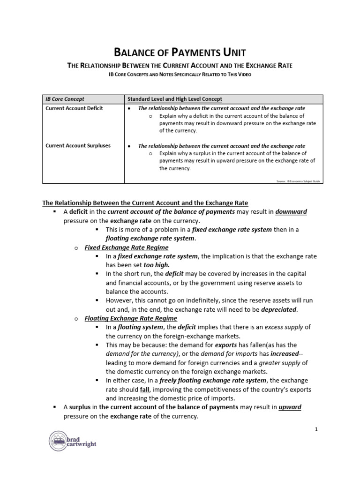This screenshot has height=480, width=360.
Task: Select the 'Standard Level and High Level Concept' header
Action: click(x=175, y=99)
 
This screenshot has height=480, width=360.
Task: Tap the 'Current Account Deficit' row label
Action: click(x=74, y=108)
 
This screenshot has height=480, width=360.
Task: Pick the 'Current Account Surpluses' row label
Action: click(x=78, y=146)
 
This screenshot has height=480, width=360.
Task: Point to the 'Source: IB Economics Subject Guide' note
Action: click(x=298, y=180)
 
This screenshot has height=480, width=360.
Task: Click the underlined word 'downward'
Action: click(x=291, y=212)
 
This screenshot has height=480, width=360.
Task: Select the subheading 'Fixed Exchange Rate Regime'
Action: click(x=126, y=247)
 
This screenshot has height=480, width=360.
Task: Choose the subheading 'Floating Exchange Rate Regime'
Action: click(x=130, y=318)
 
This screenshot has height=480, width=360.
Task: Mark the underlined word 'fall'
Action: click(x=145, y=390)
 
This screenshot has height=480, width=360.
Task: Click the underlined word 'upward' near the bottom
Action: click(x=290, y=407)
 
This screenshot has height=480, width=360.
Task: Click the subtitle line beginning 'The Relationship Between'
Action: click(x=180, y=66)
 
